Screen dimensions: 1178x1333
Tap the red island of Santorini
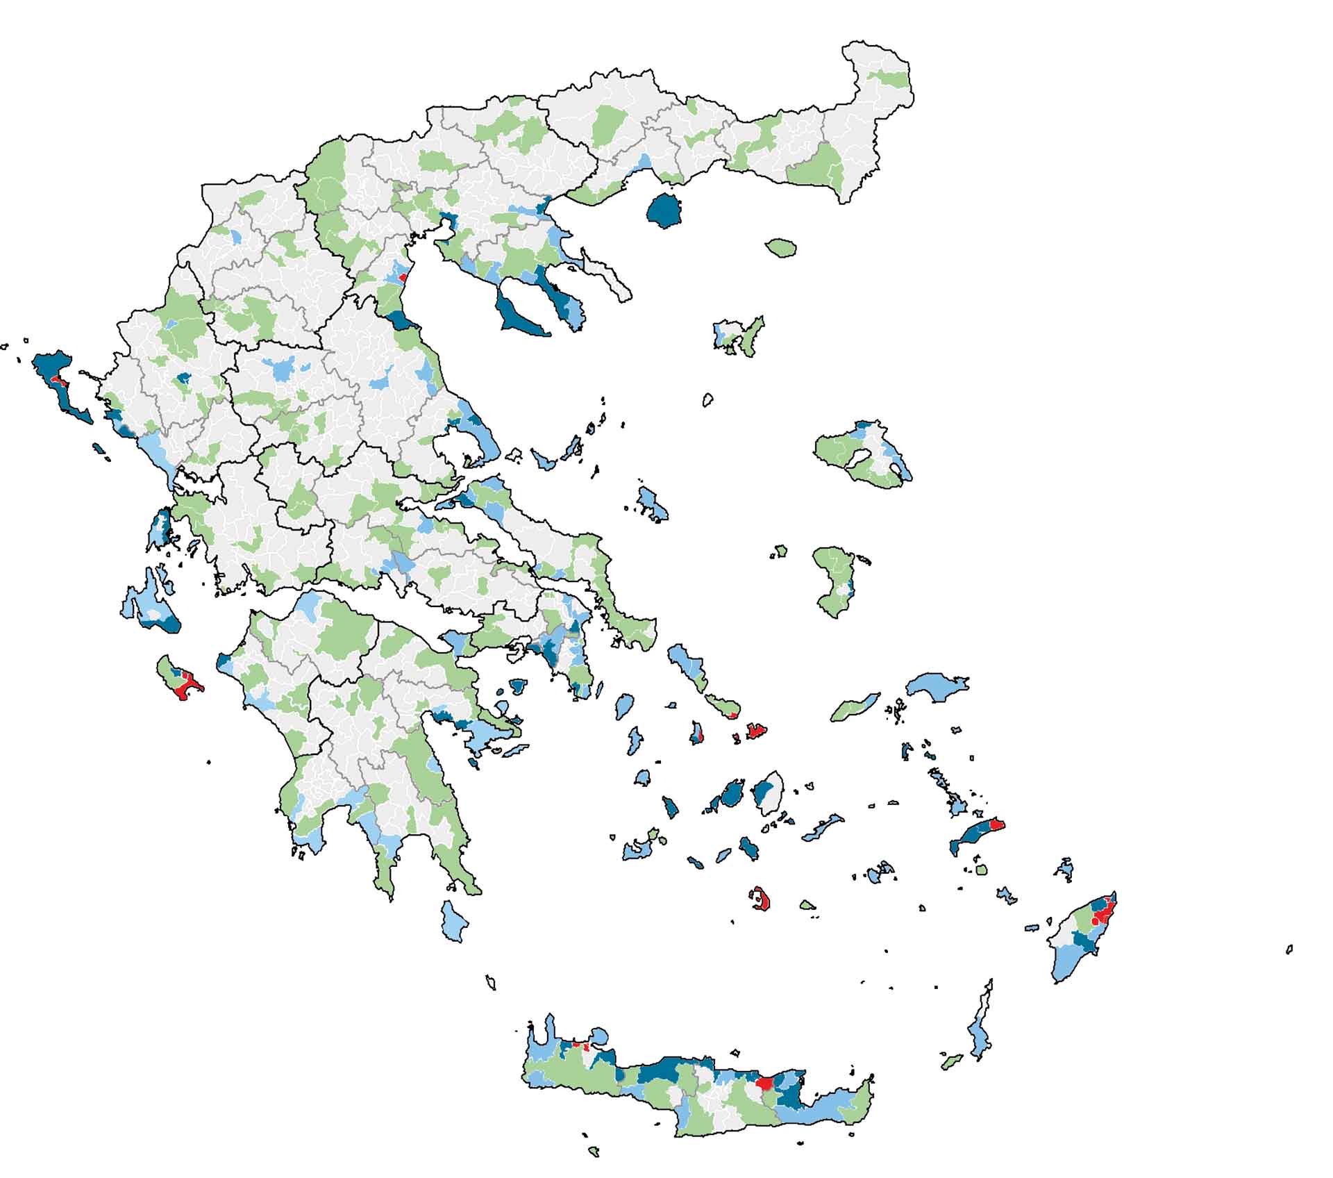click(x=763, y=900)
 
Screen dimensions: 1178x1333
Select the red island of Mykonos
click(x=756, y=730)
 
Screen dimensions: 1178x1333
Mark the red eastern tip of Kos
click(x=996, y=824)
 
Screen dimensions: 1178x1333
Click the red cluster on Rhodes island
click(x=1102, y=914)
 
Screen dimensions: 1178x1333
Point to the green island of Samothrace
click(x=781, y=247)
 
